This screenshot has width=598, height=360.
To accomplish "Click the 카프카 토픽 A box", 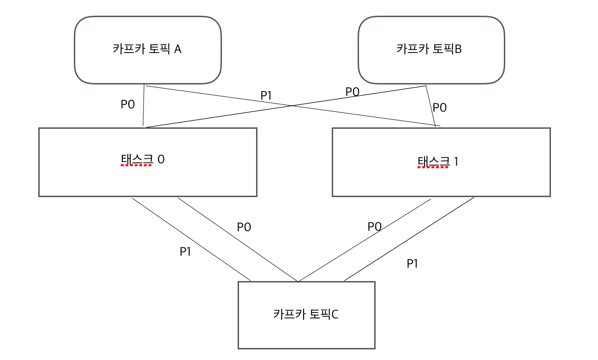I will [148, 50].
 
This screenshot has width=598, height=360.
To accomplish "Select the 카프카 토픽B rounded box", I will [431, 50].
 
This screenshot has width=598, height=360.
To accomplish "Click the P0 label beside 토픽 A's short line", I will [128, 104].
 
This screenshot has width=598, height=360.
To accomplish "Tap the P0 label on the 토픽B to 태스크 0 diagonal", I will [353, 91].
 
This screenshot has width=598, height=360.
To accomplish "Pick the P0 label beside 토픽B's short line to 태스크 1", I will [440, 108].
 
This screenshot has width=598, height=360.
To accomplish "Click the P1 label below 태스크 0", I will [185, 252].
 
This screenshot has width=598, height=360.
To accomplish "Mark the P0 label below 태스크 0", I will [244, 227].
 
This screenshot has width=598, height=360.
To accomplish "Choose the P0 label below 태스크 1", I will [374, 226].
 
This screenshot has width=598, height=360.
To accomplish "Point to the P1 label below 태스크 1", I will [412, 264].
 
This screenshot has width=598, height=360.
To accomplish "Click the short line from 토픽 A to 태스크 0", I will [144, 106].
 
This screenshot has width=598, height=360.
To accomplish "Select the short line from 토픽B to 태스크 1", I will [430, 106].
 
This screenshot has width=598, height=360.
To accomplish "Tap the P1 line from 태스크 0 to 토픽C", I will [191, 240].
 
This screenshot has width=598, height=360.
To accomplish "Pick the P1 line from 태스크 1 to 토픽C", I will [409, 240].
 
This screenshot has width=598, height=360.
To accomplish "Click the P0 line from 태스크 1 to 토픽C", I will [365, 240].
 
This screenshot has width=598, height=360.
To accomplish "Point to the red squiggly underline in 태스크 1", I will [433, 168].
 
